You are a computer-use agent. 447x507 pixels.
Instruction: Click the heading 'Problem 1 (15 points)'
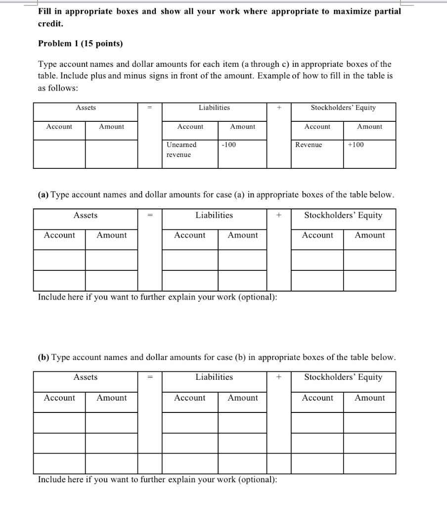click(x=81, y=44)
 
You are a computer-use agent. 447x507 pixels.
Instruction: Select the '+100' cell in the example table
click(x=356, y=145)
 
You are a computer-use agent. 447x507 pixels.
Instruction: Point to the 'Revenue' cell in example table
click(x=309, y=145)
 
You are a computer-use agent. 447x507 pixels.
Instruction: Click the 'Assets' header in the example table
click(x=86, y=107)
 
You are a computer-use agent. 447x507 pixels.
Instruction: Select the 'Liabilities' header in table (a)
click(x=214, y=215)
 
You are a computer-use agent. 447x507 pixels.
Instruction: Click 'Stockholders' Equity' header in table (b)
click(x=343, y=377)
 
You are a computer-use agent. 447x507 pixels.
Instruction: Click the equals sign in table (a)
click(x=150, y=215)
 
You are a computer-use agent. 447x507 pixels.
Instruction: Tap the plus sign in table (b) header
click(x=279, y=377)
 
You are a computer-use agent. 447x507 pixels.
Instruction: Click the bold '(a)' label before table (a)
click(x=44, y=195)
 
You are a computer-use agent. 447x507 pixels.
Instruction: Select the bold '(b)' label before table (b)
click(x=44, y=357)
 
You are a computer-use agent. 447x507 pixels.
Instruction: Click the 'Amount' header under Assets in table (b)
click(x=111, y=398)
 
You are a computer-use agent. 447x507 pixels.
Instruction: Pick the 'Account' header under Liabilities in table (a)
click(x=189, y=235)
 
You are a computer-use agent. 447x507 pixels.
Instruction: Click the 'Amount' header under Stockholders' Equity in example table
click(x=369, y=127)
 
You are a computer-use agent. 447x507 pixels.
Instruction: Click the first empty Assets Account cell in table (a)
click(x=59, y=260)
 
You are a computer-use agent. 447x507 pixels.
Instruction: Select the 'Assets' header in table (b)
click(x=86, y=377)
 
